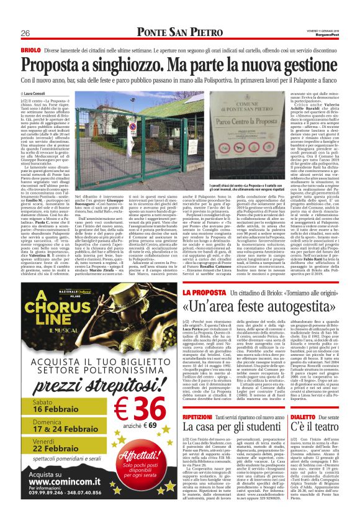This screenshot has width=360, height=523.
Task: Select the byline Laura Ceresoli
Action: pyautogui.click(x=38, y=93)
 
